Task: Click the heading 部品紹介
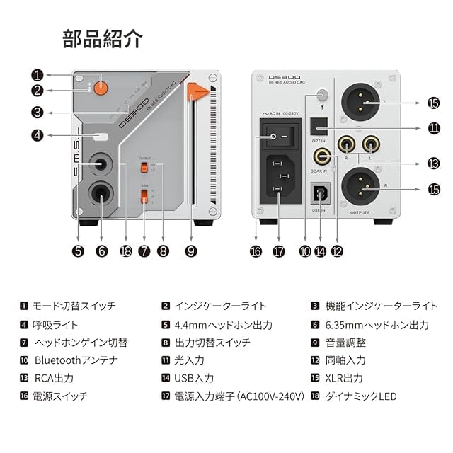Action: click(x=103, y=38)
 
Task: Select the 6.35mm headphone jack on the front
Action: click(x=100, y=193)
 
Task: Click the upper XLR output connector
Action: click(x=364, y=103)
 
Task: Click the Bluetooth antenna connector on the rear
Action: click(x=324, y=94)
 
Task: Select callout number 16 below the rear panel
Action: click(x=256, y=251)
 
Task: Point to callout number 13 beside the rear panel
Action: click(x=433, y=163)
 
